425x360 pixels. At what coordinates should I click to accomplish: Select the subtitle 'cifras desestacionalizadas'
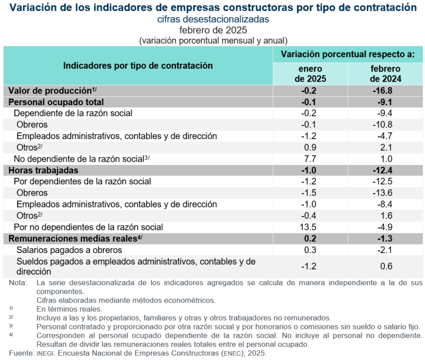[213, 19]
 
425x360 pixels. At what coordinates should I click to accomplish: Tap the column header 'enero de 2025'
[310, 74]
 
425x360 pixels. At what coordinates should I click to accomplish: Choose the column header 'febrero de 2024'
[385, 74]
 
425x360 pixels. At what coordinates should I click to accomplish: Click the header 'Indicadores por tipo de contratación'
[138, 65]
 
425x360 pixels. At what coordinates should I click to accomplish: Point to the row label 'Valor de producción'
[50, 91]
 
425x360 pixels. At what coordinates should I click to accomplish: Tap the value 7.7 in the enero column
[310, 159]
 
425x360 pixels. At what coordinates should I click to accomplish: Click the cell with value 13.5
[310, 227]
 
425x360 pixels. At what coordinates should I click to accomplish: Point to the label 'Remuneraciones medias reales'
[72, 239]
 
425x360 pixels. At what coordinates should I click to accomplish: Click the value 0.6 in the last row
[385, 266]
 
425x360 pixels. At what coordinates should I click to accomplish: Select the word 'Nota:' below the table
[18, 283]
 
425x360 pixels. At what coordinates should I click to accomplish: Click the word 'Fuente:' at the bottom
[20, 353]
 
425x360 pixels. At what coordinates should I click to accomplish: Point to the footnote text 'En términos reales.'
[69, 309]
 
